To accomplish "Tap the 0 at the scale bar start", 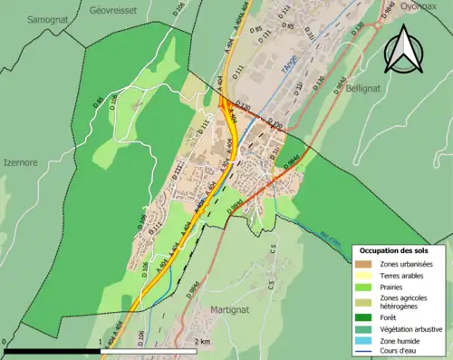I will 5,342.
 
